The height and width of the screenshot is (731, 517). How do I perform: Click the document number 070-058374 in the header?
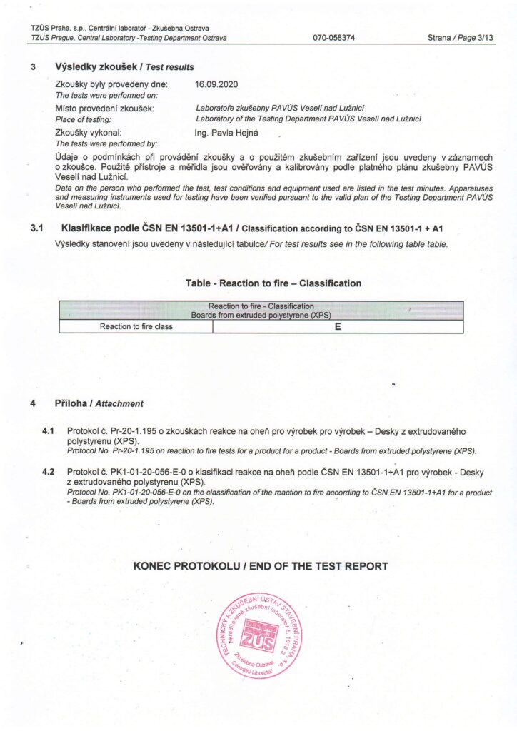pos(334,38)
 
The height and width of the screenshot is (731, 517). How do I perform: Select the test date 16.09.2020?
pos(216,84)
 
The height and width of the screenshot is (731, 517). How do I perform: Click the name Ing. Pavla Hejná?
pos(229,133)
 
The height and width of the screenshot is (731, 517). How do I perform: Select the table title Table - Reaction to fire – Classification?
pos(273,283)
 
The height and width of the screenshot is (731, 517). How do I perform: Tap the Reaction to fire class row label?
pos(136,326)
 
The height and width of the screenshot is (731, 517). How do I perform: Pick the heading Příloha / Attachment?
pos(99,403)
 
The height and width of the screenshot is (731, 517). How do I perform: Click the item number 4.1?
pos(49,432)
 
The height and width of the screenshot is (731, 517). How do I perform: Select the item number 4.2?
pos(49,473)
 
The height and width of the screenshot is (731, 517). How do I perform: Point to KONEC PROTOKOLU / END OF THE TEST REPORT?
pos(261,566)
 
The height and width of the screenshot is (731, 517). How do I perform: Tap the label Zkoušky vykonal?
pos(93,133)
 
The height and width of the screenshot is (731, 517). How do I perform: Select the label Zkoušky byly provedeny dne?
pos(111,84)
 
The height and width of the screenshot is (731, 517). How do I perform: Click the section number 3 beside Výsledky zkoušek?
pos(33,66)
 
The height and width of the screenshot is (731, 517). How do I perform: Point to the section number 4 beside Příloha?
pos(33,403)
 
